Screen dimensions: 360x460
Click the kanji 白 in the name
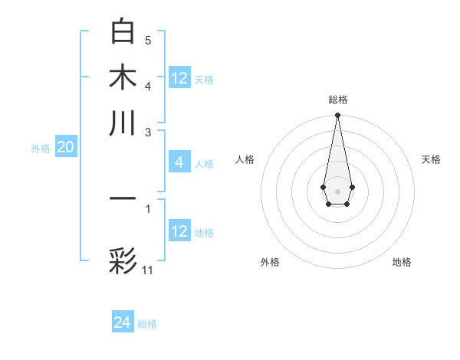click(x=123, y=31)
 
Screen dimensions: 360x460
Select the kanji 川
click(x=123, y=122)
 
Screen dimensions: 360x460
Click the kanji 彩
click(x=123, y=260)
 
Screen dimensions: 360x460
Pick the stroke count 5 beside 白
click(x=148, y=40)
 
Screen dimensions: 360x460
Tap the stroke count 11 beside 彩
click(x=148, y=270)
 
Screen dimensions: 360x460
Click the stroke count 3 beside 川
click(x=148, y=131)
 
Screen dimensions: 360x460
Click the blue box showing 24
click(x=123, y=323)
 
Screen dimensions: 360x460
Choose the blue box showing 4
click(x=179, y=162)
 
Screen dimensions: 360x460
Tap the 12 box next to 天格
click(x=179, y=78)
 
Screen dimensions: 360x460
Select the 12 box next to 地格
click(x=179, y=231)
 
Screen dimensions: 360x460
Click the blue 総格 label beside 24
click(x=147, y=324)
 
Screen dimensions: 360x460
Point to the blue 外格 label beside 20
click(x=41, y=149)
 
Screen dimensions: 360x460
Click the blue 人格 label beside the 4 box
click(x=204, y=163)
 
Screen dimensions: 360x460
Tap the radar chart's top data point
click(x=337, y=116)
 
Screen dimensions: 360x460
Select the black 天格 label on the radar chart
click(x=432, y=159)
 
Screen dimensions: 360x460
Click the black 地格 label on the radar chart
click(x=402, y=262)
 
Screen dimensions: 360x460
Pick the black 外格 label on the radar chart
click(x=270, y=262)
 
